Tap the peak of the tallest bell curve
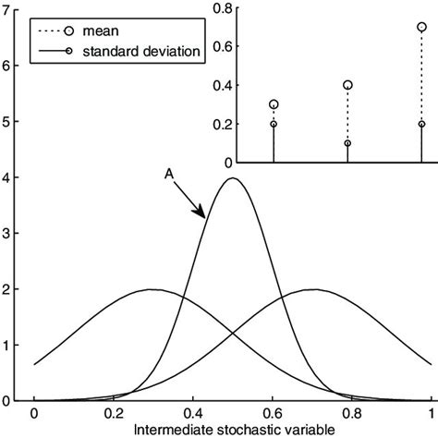(x=233, y=178)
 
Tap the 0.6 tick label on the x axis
(x=273, y=415)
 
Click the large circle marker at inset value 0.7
(x=421, y=28)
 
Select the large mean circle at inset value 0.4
(x=347, y=85)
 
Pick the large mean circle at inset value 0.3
(x=274, y=104)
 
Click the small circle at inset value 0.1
(x=347, y=143)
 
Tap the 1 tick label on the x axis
(x=432, y=415)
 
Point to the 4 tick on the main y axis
(x=7, y=177)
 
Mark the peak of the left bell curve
(x=153, y=289)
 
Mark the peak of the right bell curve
(x=312, y=289)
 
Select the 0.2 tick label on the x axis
(x=114, y=415)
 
